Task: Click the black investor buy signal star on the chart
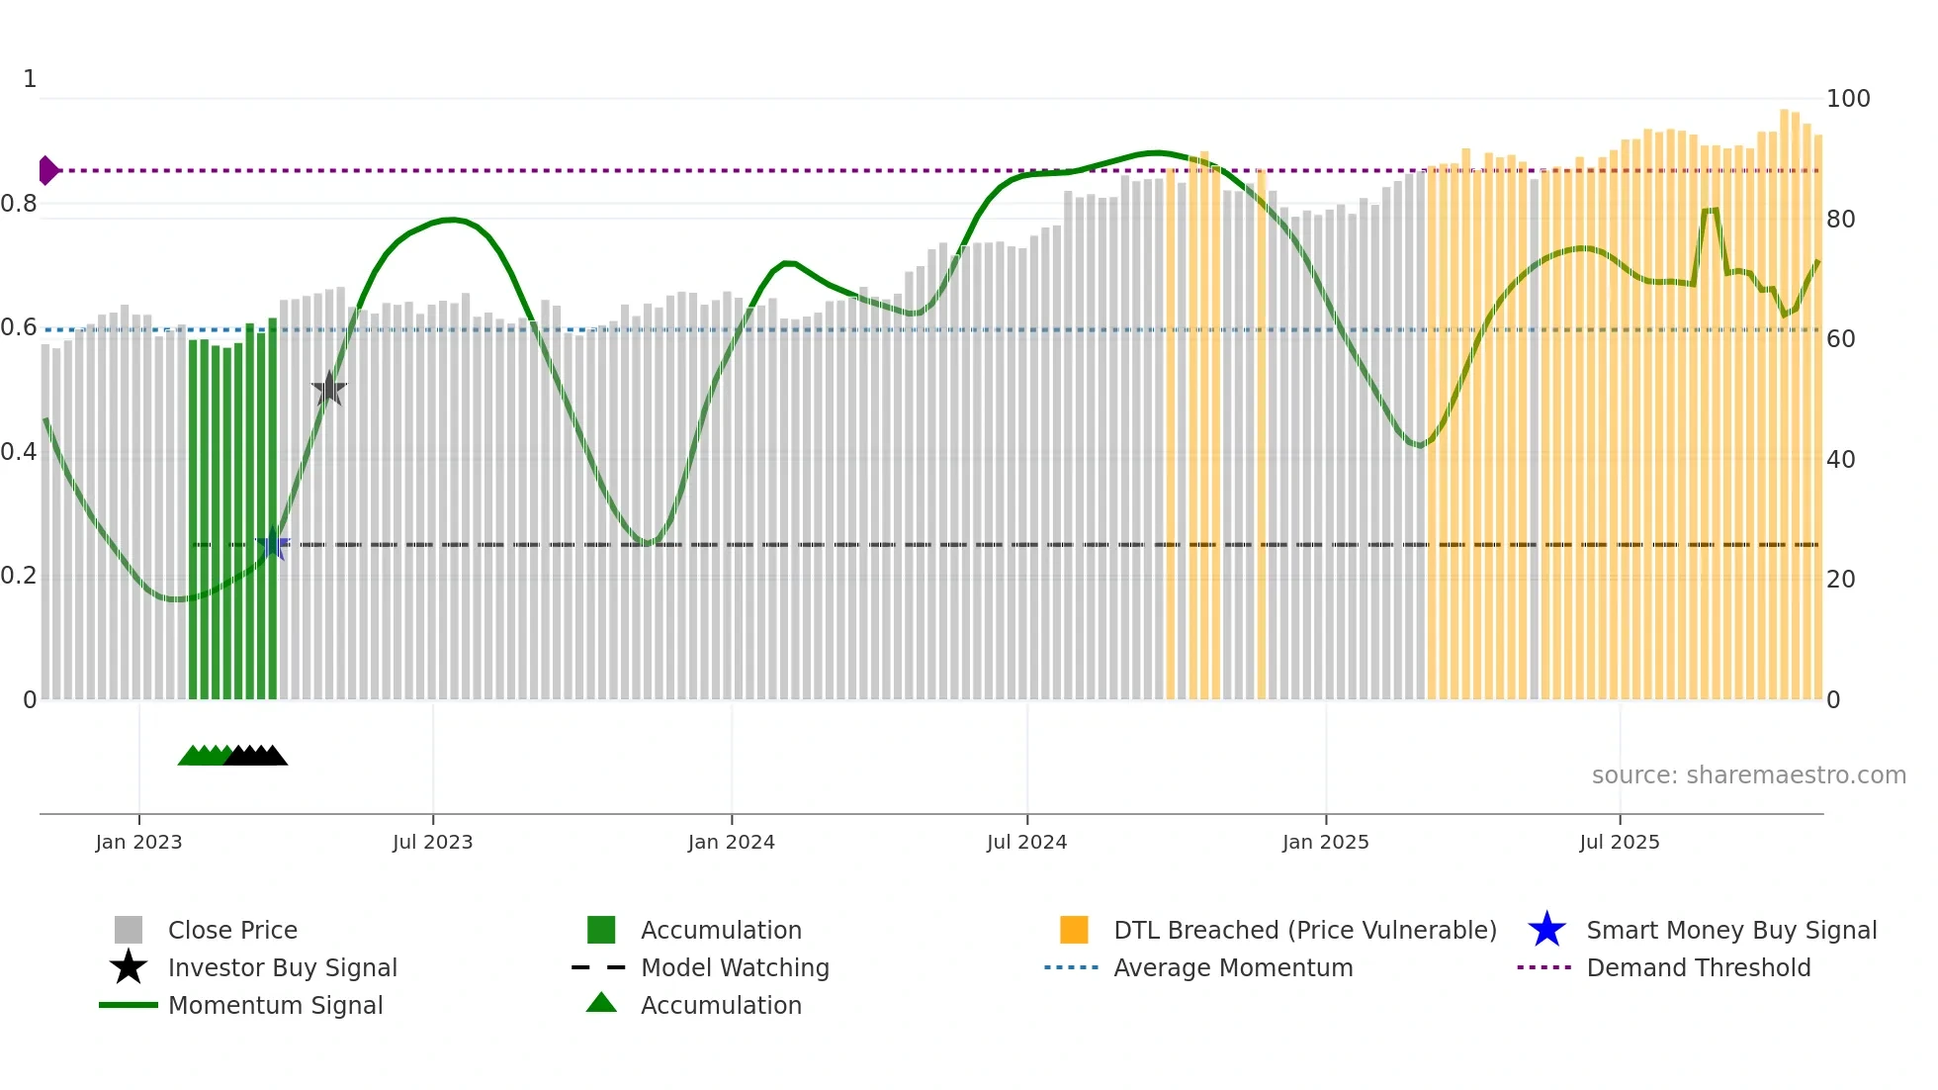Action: pyautogui.click(x=328, y=389)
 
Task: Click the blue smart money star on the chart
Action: pyautogui.click(x=273, y=544)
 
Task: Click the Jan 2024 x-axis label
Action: pyautogui.click(x=731, y=842)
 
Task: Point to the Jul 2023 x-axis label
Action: pyautogui.click(x=432, y=842)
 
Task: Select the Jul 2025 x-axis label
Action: pyautogui.click(x=1619, y=842)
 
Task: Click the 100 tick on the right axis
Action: pyautogui.click(x=1847, y=99)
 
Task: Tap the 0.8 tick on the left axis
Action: pyautogui.click(x=20, y=204)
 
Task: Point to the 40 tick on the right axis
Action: pyautogui.click(x=1840, y=460)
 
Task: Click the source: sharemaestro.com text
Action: pyautogui.click(x=1748, y=775)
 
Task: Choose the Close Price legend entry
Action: pyautogui.click(x=232, y=930)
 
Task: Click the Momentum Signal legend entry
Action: pyautogui.click(x=275, y=1005)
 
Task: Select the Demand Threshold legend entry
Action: pyautogui.click(x=1698, y=967)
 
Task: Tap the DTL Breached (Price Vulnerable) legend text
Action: pyautogui.click(x=1304, y=930)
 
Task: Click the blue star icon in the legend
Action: pyautogui.click(x=1546, y=930)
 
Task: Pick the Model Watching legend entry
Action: pyautogui.click(x=735, y=967)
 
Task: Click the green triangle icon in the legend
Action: pyautogui.click(x=601, y=1003)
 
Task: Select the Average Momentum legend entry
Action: pyautogui.click(x=1232, y=967)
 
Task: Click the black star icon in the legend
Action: pyautogui.click(x=129, y=967)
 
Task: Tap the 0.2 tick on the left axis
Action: pyautogui.click(x=20, y=576)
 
